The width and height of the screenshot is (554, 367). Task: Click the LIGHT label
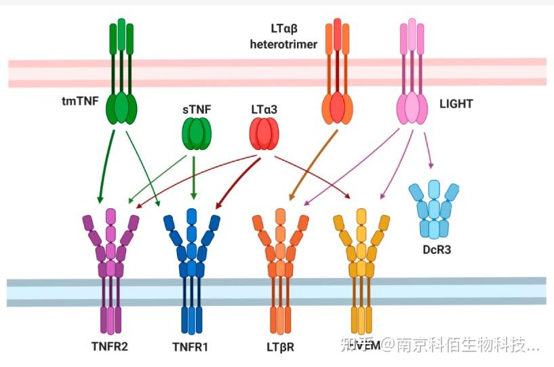tap(455, 104)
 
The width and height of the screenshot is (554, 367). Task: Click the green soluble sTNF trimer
tap(195, 133)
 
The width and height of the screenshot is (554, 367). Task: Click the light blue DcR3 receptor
tap(435, 207)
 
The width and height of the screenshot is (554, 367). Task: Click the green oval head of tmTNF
tap(121, 108)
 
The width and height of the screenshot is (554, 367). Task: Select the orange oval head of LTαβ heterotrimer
tap(338, 108)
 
